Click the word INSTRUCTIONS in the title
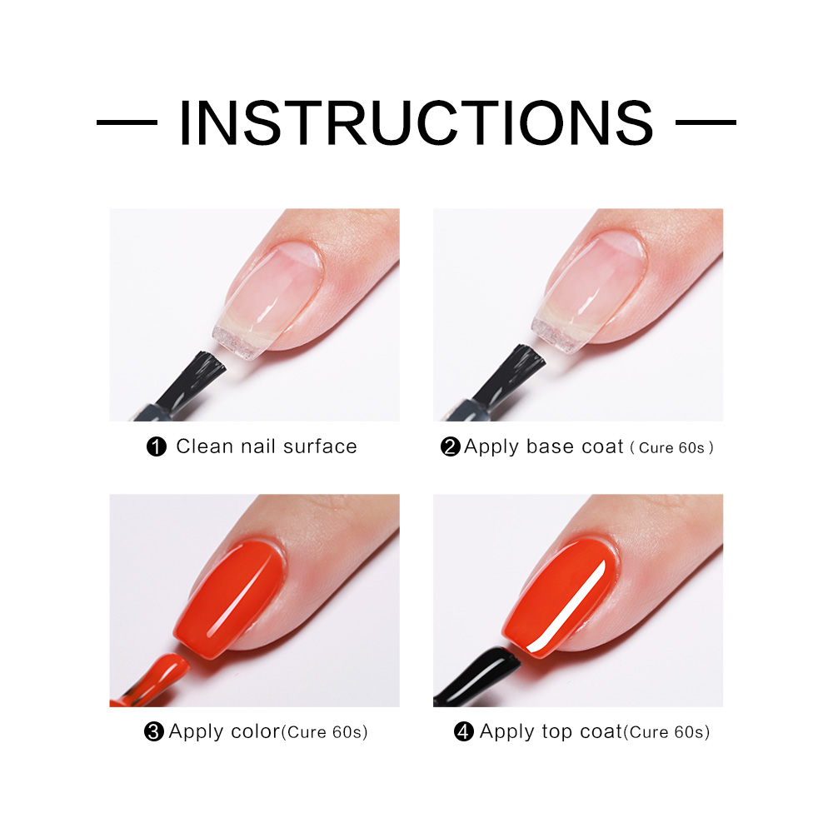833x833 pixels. pos(416,122)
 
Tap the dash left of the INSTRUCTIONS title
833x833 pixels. pos(127,122)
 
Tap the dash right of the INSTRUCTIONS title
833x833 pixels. pos(706,122)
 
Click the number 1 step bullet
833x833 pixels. pos(157,446)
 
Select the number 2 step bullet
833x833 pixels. pos(451,446)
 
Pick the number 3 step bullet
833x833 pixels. pos(153,731)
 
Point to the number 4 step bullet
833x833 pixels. pos(464,731)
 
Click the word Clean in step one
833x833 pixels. pos(205,446)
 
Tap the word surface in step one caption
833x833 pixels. pos(320,446)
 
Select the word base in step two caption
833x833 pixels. pos(548,446)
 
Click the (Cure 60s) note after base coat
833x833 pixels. pos(671,448)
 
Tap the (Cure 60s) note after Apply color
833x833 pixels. pos(324,732)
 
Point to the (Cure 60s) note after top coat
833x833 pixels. pos(666,732)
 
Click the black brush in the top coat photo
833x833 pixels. pos(478,676)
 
